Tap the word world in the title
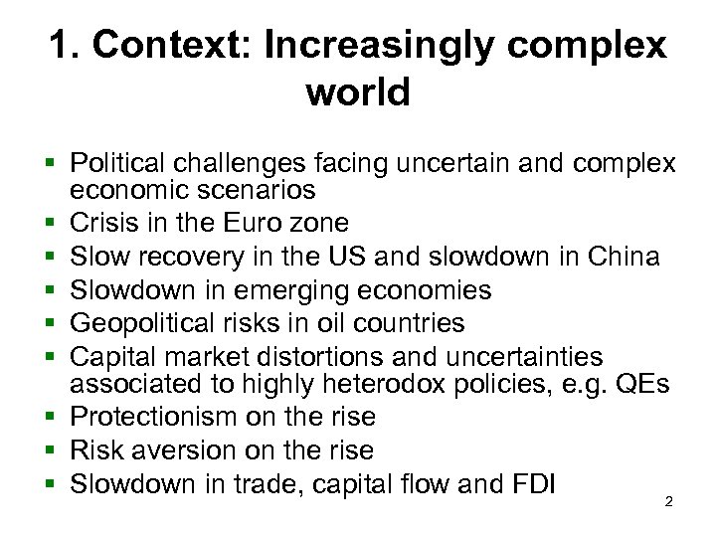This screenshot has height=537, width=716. coord(358,92)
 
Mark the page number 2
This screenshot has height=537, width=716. coord(667,501)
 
